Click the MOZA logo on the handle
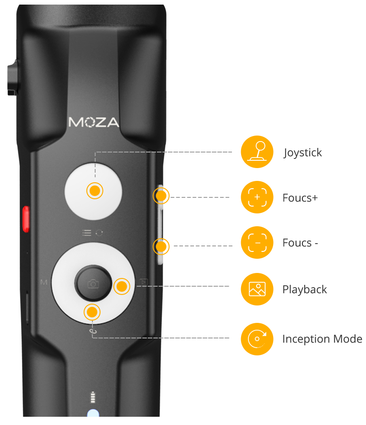[94, 122]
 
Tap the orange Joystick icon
[257, 152]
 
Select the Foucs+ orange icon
[257, 197]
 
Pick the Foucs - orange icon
[257, 242]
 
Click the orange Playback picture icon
[257, 289]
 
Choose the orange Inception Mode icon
[257, 339]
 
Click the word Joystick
[302, 153]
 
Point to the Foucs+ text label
[300, 198]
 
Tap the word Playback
[305, 290]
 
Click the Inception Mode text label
[322, 339]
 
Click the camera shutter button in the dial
[93, 283]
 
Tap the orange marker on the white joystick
[95, 191]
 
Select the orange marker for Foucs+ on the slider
[161, 196]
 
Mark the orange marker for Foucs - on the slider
[161, 246]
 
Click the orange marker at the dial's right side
[122, 286]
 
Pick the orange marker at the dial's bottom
[92, 312]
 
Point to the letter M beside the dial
[44, 283]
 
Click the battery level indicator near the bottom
[93, 398]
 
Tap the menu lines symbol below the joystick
[86, 233]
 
